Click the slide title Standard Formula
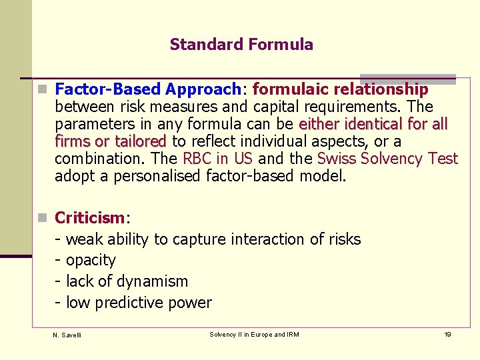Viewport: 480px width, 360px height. tap(241, 45)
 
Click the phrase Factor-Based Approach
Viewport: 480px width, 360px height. tap(147, 89)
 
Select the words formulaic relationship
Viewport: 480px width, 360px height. tap(340, 89)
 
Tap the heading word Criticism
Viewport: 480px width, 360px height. tap(89, 218)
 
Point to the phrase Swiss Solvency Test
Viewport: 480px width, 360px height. tap(387, 159)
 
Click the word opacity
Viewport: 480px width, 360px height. tap(91, 260)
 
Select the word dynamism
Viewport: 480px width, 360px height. tap(155, 281)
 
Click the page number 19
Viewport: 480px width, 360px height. tap(447, 334)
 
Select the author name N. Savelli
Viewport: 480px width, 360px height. tap(67, 335)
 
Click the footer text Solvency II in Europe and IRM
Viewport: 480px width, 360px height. tap(254, 334)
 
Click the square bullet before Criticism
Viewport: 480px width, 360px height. tap(43, 218)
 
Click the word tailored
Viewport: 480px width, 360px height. tap(140, 141)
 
